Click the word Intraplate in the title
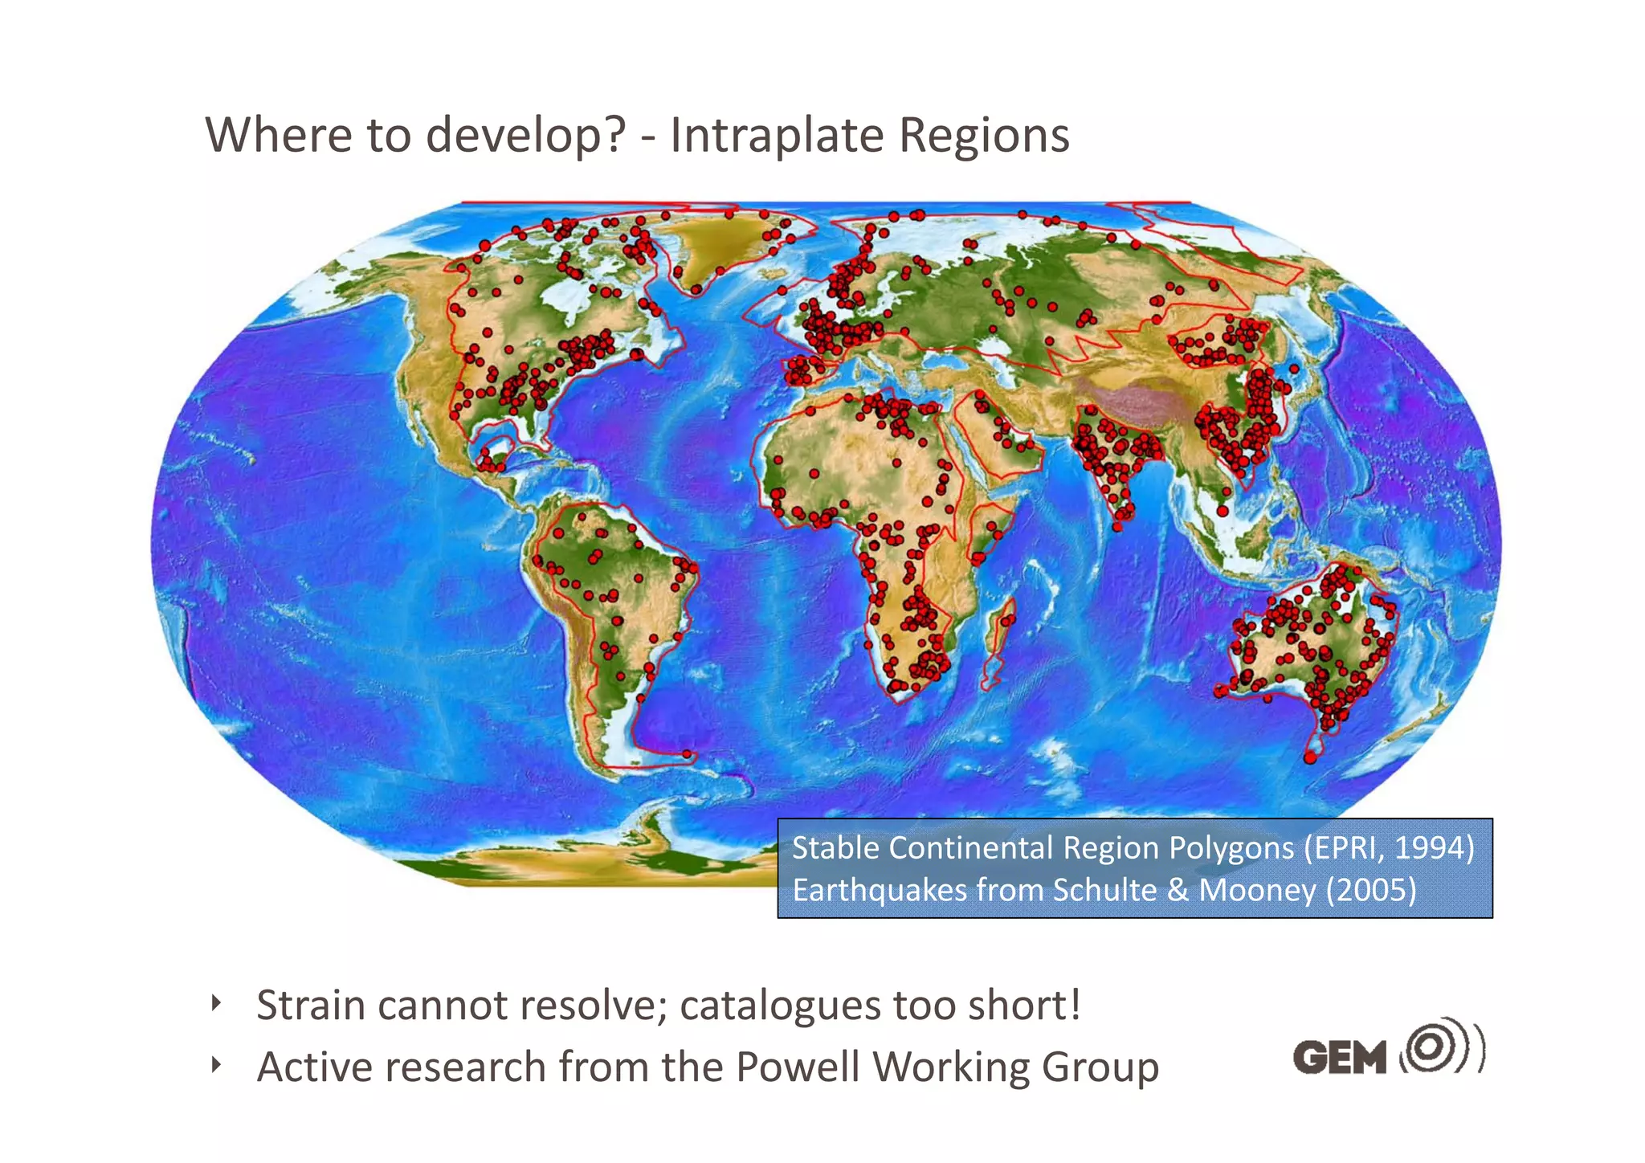(778, 135)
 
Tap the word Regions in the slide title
(984, 135)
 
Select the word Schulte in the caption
(1104, 890)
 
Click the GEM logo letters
(1340, 1056)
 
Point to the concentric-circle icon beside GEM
(1435, 1046)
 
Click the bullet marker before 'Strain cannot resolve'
(215, 1003)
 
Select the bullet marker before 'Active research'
(215, 1065)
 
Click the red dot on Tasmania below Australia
(1310, 757)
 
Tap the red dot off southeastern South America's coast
(687, 754)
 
